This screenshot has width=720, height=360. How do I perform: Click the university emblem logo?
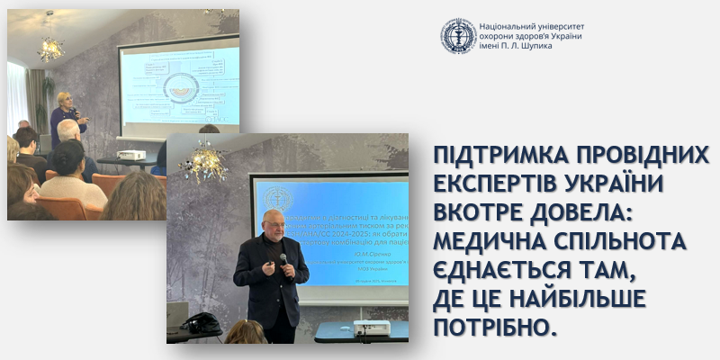tap(458, 35)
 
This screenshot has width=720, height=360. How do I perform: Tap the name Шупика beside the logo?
tap(532, 46)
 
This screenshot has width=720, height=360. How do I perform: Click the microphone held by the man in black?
tap(283, 259)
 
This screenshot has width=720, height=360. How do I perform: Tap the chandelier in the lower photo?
tap(203, 162)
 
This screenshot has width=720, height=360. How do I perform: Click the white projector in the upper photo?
tap(130, 155)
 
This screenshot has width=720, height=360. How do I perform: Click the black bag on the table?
tap(202, 322)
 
